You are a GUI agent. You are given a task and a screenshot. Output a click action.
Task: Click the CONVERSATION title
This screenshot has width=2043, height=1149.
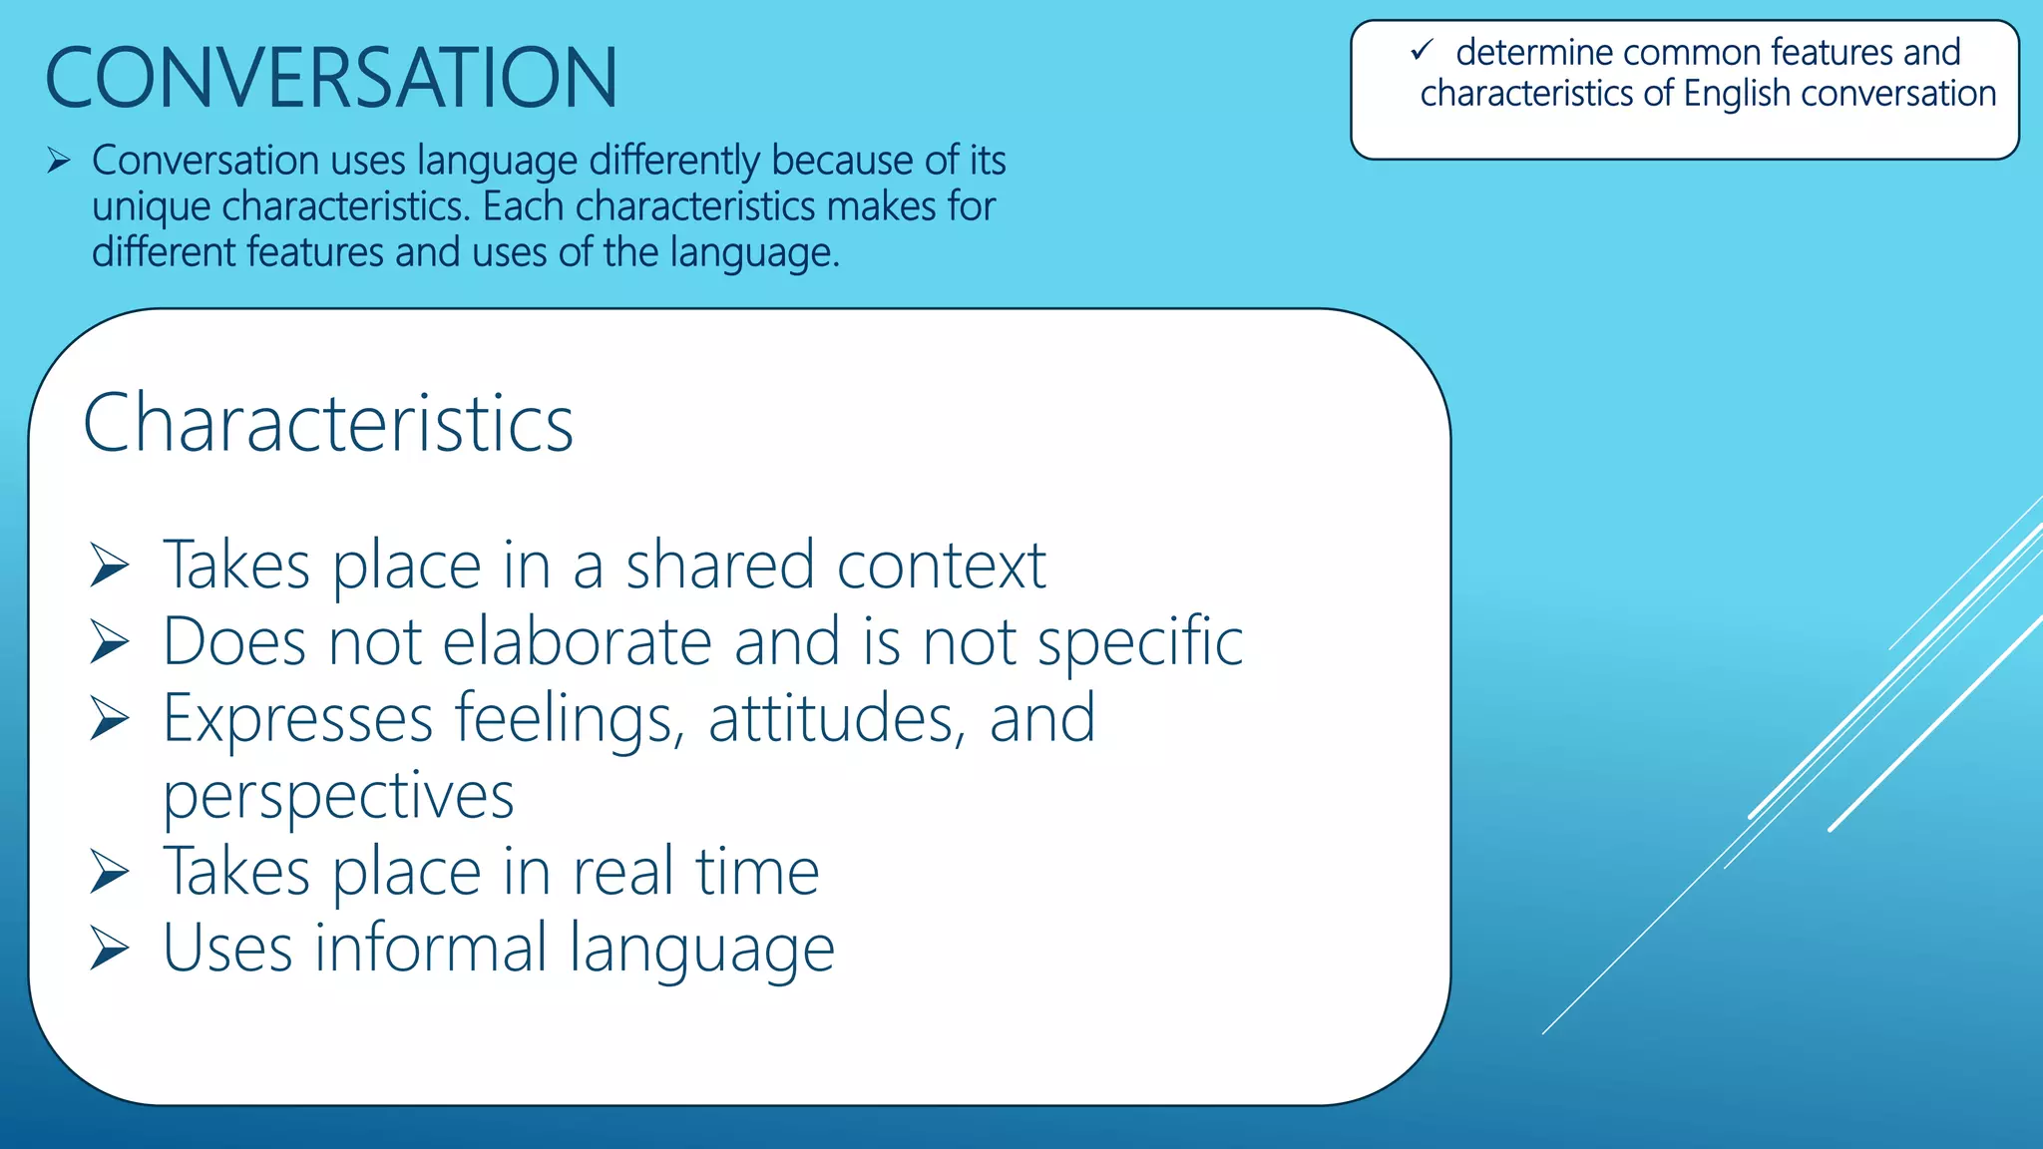pos(331,78)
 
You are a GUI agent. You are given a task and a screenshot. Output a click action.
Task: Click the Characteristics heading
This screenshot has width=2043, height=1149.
pos(328,423)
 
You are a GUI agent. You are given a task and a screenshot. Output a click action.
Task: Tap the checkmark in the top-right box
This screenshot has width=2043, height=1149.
pos(1422,50)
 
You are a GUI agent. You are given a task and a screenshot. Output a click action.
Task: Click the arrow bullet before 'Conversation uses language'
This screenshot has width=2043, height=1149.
pos(58,161)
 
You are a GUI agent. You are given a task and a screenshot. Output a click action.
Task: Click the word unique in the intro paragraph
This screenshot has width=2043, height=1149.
pos(151,207)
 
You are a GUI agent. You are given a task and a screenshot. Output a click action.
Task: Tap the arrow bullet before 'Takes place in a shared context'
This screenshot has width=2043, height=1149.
pos(109,566)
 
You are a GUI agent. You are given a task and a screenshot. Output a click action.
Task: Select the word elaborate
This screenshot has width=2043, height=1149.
pos(577,641)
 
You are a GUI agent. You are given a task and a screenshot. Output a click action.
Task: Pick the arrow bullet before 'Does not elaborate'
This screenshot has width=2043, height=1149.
pos(109,641)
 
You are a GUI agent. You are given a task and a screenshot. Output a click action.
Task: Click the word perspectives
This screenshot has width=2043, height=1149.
pos(338,797)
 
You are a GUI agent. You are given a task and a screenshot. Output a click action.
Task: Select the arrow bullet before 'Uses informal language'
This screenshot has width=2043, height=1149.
pos(109,948)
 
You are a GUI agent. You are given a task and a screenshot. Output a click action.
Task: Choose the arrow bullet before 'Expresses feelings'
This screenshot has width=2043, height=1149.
pos(109,718)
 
